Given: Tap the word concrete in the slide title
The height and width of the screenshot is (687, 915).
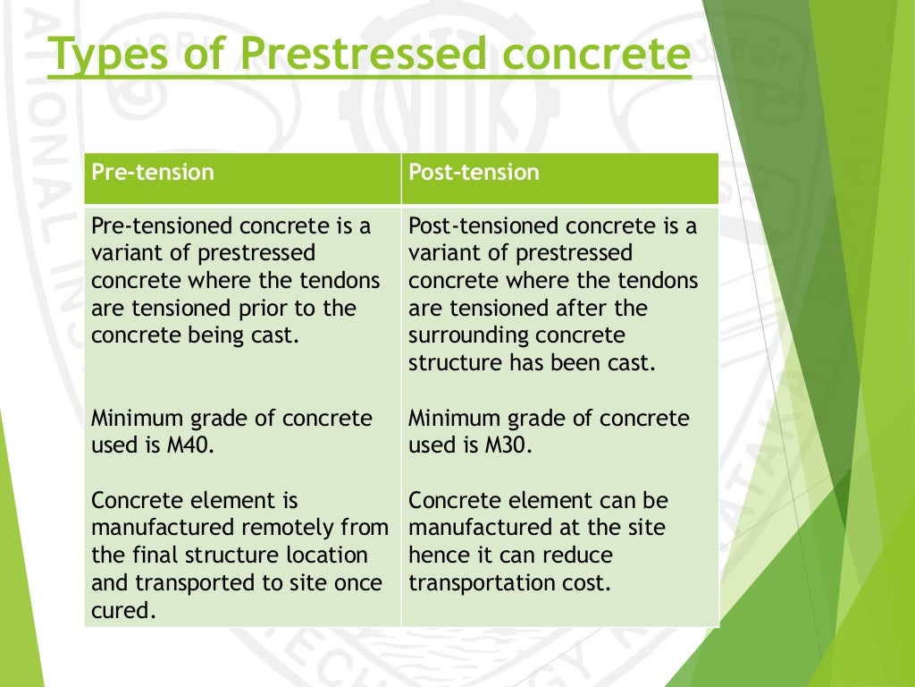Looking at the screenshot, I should [x=593, y=55].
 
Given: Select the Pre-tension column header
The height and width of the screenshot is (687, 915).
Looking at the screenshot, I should [x=153, y=172].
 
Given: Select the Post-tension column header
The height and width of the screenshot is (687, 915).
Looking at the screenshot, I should [x=474, y=172].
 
